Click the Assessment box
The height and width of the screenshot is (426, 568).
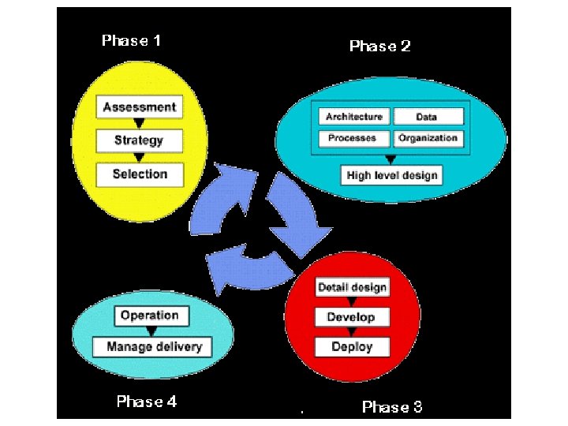pyautogui.click(x=140, y=107)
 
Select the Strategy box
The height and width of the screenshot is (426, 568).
pyautogui.click(x=139, y=140)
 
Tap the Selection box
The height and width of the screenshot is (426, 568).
pyautogui.click(x=140, y=174)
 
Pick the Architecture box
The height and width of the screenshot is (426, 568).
pyautogui.click(x=354, y=117)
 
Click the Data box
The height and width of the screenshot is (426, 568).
pyautogui.click(x=426, y=117)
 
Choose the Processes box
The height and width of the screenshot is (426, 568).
pyautogui.click(x=354, y=138)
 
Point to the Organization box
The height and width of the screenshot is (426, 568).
pyautogui.click(x=427, y=138)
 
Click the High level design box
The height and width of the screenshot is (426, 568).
pyautogui.click(x=391, y=175)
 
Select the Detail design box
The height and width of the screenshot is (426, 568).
pyautogui.click(x=352, y=287)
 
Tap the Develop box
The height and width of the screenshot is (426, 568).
pyautogui.click(x=352, y=317)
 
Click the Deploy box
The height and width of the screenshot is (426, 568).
pyautogui.click(x=352, y=347)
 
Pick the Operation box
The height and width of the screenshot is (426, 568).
pyautogui.click(x=150, y=316)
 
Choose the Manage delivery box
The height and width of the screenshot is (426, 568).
pyautogui.click(x=154, y=346)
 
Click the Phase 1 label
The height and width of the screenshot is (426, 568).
pyautogui.click(x=132, y=40)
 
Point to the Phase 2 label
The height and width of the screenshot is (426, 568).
pyautogui.click(x=379, y=46)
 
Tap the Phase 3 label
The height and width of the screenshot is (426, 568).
pyautogui.click(x=392, y=407)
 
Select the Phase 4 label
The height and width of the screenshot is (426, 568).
pyautogui.click(x=147, y=402)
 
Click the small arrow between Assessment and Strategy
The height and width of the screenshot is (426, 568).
pyautogui.click(x=139, y=124)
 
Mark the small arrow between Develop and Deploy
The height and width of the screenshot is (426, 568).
pyautogui.click(x=352, y=332)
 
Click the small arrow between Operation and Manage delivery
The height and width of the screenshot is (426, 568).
pyautogui.click(x=150, y=331)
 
